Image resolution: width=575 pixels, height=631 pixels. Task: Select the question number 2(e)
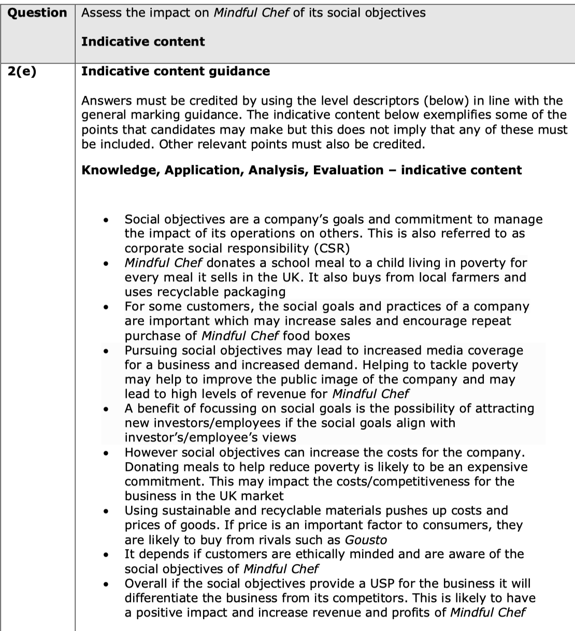tap(22, 71)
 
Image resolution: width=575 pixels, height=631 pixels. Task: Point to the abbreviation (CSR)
tap(326, 248)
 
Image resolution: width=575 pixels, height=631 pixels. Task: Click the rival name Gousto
tap(366, 540)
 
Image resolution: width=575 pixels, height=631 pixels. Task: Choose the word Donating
tap(151, 467)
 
